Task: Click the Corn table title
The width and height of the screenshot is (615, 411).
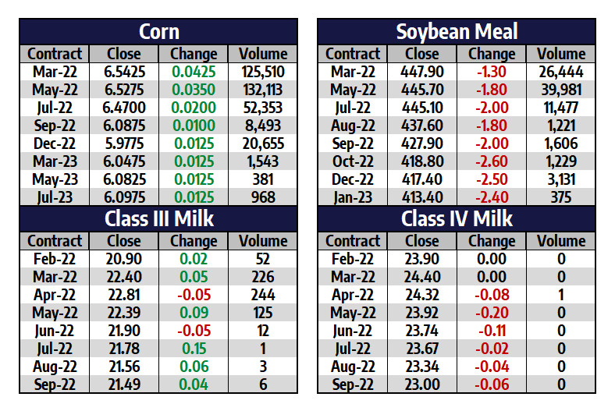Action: pos(158,32)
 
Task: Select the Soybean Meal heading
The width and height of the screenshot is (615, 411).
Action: pos(457,32)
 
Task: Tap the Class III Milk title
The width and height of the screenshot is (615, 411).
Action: pos(158,219)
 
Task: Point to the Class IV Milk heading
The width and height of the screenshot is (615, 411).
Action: pos(457,219)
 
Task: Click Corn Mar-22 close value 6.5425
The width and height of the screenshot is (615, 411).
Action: pos(124,73)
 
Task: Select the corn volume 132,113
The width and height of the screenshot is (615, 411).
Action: pos(263,90)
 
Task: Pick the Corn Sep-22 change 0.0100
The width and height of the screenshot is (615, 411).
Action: pos(194,126)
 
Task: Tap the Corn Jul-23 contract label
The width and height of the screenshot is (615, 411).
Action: pos(55,197)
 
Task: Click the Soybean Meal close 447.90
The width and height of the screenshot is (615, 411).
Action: pos(422,73)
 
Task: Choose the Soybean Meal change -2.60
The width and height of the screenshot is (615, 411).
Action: pos(492,161)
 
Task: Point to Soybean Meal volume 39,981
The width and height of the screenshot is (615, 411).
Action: pos(561,90)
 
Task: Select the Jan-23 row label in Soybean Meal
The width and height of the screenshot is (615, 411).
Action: pos(353,197)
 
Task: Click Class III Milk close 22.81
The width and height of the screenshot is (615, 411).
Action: pos(124,295)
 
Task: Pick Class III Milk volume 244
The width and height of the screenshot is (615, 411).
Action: pos(263,295)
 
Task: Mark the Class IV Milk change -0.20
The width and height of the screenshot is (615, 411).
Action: pos(492,313)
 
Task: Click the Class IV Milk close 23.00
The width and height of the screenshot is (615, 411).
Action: pos(422,384)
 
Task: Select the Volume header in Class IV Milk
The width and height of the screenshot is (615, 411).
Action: pos(561,241)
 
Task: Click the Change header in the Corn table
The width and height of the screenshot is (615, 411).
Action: pos(194,54)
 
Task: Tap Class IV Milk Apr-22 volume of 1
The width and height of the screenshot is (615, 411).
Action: pos(561,295)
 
